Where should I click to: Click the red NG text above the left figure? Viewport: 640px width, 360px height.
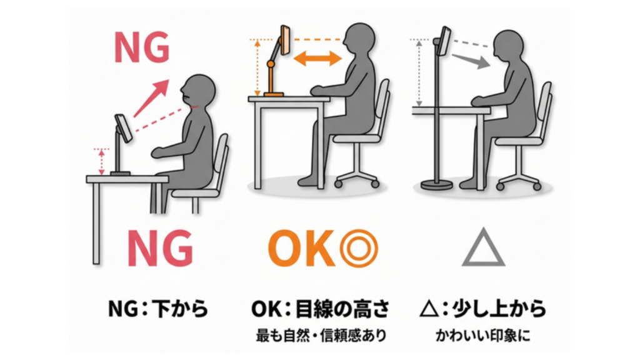pyautogui.click(x=141, y=47)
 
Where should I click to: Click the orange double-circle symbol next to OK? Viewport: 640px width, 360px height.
pyautogui.click(x=359, y=248)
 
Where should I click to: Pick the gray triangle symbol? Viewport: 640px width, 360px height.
pyautogui.click(x=482, y=248)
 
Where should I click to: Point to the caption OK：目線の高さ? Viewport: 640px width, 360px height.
pyautogui.click(x=321, y=308)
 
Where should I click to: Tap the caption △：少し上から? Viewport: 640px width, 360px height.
pyautogui.click(x=483, y=308)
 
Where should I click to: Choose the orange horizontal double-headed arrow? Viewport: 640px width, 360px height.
pyautogui.click(x=317, y=59)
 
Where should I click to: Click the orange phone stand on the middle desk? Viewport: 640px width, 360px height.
pyautogui.click(x=275, y=72)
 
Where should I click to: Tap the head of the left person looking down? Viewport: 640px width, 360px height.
pyautogui.click(x=199, y=93)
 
